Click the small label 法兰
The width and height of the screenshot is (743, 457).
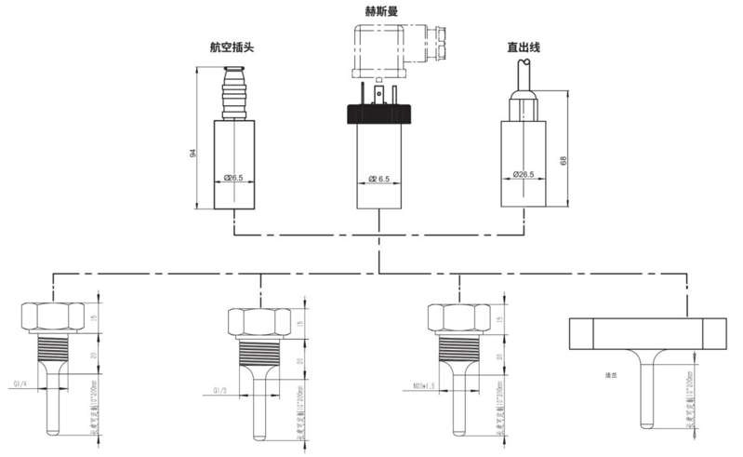click(x=610, y=374)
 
